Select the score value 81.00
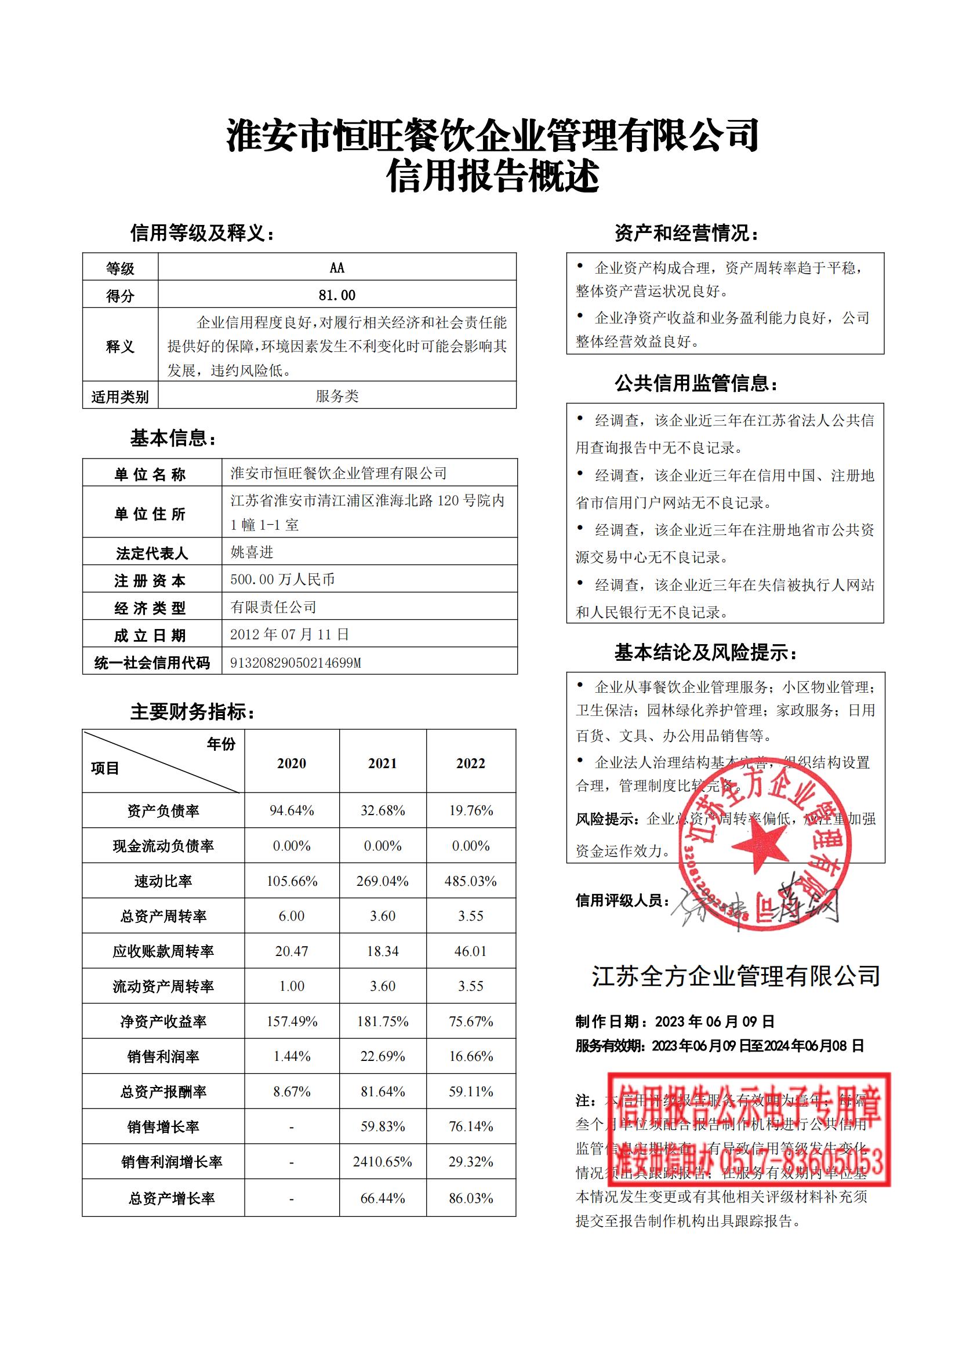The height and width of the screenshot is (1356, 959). click(x=337, y=295)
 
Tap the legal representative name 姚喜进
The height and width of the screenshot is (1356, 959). click(x=252, y=552)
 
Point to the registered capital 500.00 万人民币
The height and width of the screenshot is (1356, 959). click(x=282, y=579)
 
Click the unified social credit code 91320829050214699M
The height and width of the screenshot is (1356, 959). click(x=295, y=663)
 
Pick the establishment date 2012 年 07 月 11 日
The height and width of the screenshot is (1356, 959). click(x=289, y=634)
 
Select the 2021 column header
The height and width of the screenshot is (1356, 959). click(x=383, y=763)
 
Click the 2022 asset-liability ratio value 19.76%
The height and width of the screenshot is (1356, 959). click(x=471, y=810)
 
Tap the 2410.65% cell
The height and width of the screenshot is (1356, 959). click(x=383, y=1162)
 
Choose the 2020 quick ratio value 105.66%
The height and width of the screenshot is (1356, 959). click(x=292, y=881)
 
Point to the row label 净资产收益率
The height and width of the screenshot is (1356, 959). click(x=163, y=1021)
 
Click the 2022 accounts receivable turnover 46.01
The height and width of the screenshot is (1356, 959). click(x=471, y=951)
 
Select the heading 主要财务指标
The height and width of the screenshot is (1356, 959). click(x=192, y=712)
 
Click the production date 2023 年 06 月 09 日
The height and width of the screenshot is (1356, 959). click(x=715, y=1021)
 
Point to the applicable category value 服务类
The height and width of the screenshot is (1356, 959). click(x=337, y=396)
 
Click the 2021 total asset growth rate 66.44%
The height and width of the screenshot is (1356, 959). click(x=383, y=1198)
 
